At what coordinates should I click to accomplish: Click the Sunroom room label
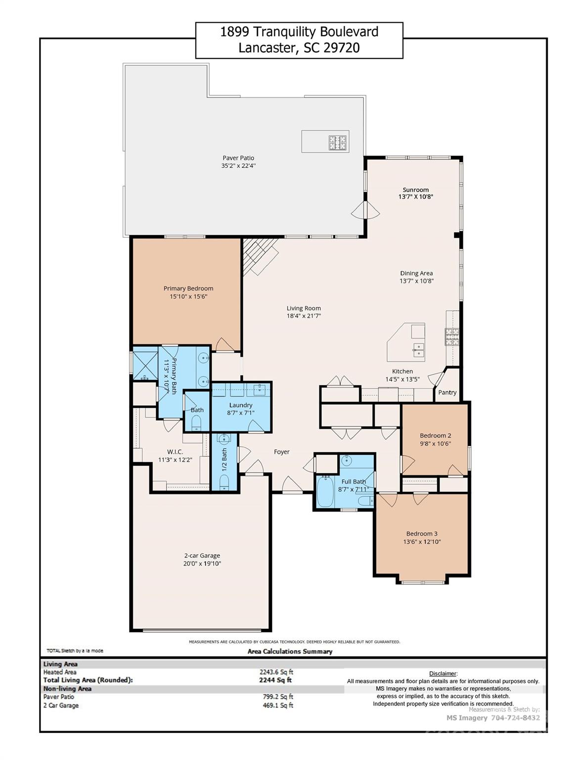(415, 190)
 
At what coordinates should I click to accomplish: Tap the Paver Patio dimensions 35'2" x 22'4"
(238, 166)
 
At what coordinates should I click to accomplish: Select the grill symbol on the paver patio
(338, 142)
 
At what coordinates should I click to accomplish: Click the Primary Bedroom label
(188, 288)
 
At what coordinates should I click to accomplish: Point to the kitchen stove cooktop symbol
(452, 337)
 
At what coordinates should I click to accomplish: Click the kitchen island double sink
(418, 350)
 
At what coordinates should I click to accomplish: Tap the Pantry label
(447, 392)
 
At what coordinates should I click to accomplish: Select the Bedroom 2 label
(435, 435)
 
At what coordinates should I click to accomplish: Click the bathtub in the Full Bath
(325, 491)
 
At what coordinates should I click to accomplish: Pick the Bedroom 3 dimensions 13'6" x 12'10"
(422, 542)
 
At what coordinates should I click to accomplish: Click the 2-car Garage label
(202, 555)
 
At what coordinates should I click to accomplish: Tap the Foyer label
(282, 452)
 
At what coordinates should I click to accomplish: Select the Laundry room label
(241, 405)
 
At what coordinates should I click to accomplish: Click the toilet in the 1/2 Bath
(224, 482)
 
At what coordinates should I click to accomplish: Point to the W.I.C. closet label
(175, 452)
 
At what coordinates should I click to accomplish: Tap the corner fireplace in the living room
(260, 255)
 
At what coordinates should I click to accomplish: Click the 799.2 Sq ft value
(278, 697)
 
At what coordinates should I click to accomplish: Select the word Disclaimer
(443, 673)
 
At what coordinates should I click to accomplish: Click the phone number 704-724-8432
(514, 717)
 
